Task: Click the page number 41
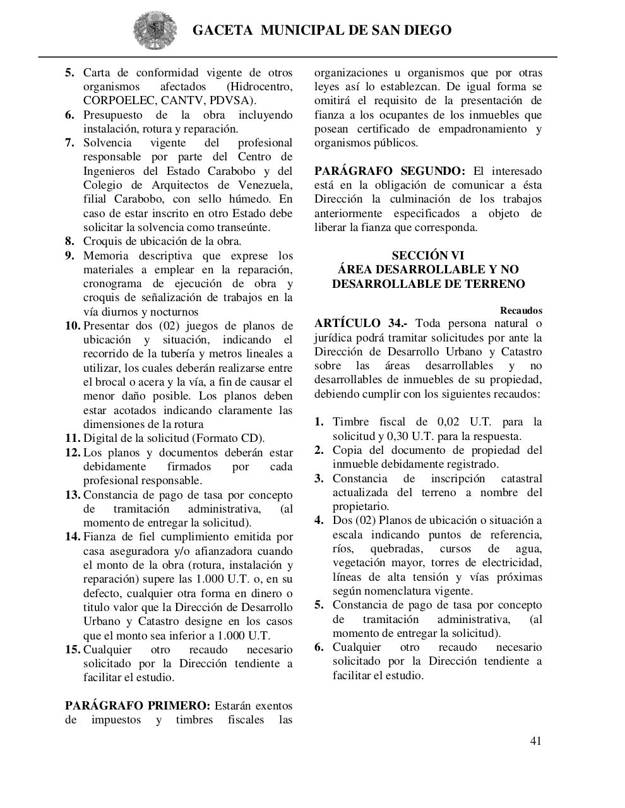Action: click(x=535, y=741)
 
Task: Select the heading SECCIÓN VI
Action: click(x=428, y=256)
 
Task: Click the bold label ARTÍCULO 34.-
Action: click(x=360, y=324)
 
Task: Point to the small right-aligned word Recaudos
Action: click(x=521, y=311)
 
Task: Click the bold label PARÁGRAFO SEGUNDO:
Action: click(x=390, y=171)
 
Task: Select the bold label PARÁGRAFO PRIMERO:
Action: click(x=138, y=706)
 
